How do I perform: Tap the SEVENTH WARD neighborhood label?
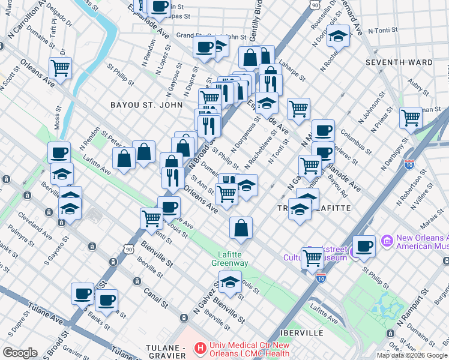coord(400,62)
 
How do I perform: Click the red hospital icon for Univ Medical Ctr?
coord(200,347)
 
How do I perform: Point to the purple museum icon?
coord(386,241)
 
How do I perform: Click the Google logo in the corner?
coord(20,353)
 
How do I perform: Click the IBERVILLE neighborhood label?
coord(302,332)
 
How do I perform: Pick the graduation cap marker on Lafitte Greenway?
coord(230,281)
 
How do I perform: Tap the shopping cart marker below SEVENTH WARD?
coord(411,118)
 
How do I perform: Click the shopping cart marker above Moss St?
coord(60,68)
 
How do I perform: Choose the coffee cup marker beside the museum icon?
coord(364,245)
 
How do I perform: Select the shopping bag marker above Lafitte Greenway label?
coord(241,228)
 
